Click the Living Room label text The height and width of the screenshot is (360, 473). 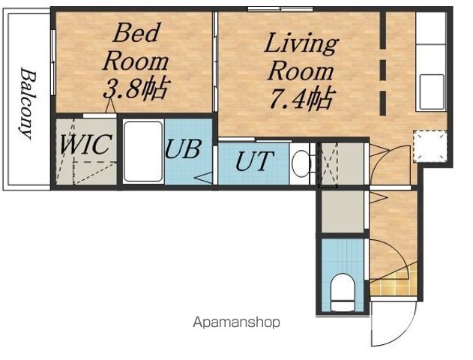coord(301,56)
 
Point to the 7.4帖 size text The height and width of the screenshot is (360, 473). coord(302,97)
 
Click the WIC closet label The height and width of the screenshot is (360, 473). coord(86,144)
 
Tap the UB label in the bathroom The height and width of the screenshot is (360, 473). coord(182,148)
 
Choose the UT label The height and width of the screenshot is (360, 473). coord(254,160)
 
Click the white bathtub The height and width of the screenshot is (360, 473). coord(143,151)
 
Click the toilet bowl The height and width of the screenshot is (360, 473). coord(343,292)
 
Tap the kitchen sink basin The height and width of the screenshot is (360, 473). coord(432,91)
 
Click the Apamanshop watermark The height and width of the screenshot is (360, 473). coord(237,322)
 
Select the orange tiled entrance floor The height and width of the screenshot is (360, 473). coord(394,283)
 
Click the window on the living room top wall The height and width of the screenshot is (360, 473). coord(280,9)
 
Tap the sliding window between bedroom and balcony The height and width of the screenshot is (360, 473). coord(53,62)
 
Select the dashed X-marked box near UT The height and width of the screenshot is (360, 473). coord(328,165)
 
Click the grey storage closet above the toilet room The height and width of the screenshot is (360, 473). coord(343,211)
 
